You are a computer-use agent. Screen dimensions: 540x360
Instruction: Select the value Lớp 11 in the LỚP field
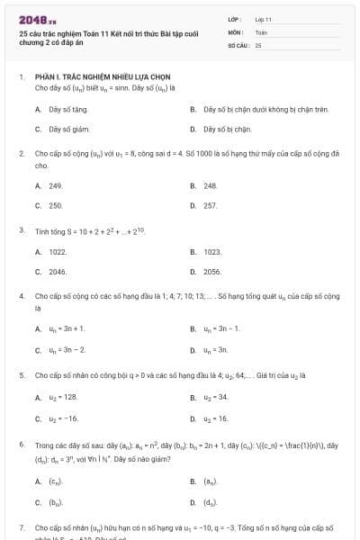click(264, 19)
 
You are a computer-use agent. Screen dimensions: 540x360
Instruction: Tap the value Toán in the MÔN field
click(261, 31)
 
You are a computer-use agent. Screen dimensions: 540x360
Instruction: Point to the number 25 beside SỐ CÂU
click(258, 44)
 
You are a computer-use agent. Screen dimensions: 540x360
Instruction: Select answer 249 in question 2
click(55, 185)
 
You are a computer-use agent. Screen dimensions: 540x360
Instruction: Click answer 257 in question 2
click(211, 205)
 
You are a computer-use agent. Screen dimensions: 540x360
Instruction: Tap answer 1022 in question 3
click(58, 251)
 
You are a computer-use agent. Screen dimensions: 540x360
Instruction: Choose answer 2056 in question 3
click(212, 271)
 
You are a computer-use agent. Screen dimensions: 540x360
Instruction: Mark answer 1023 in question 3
click(212, 251)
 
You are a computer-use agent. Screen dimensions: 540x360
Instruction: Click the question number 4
click(21, 295)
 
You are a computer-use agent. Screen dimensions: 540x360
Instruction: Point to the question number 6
click(21, 445)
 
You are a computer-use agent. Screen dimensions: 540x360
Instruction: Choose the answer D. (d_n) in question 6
click(210, 501)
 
